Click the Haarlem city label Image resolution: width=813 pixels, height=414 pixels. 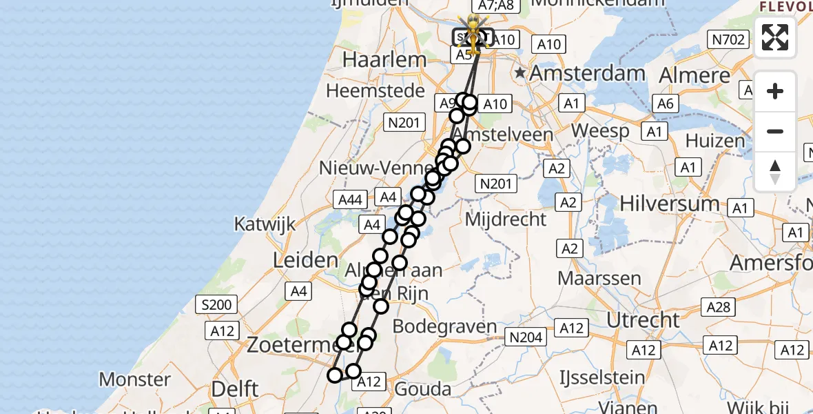click(x=384, y=60)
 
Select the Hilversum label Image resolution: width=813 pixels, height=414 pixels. click(x=670, y=204)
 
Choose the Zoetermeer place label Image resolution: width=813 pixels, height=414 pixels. click(x=289, y=343)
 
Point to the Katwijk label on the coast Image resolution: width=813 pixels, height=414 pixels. click(x=265, y=224)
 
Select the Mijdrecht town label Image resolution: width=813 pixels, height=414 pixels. click(x=506, y=219)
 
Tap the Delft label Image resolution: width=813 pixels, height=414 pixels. click(x=235, y=388)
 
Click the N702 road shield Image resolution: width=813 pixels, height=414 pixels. click(x=728, y=40)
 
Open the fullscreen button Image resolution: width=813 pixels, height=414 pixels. click(x=775, y=37)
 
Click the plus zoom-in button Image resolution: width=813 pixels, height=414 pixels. click(x=775, y=92)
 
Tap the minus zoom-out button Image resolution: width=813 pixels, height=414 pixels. click(x=775, y=132)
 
